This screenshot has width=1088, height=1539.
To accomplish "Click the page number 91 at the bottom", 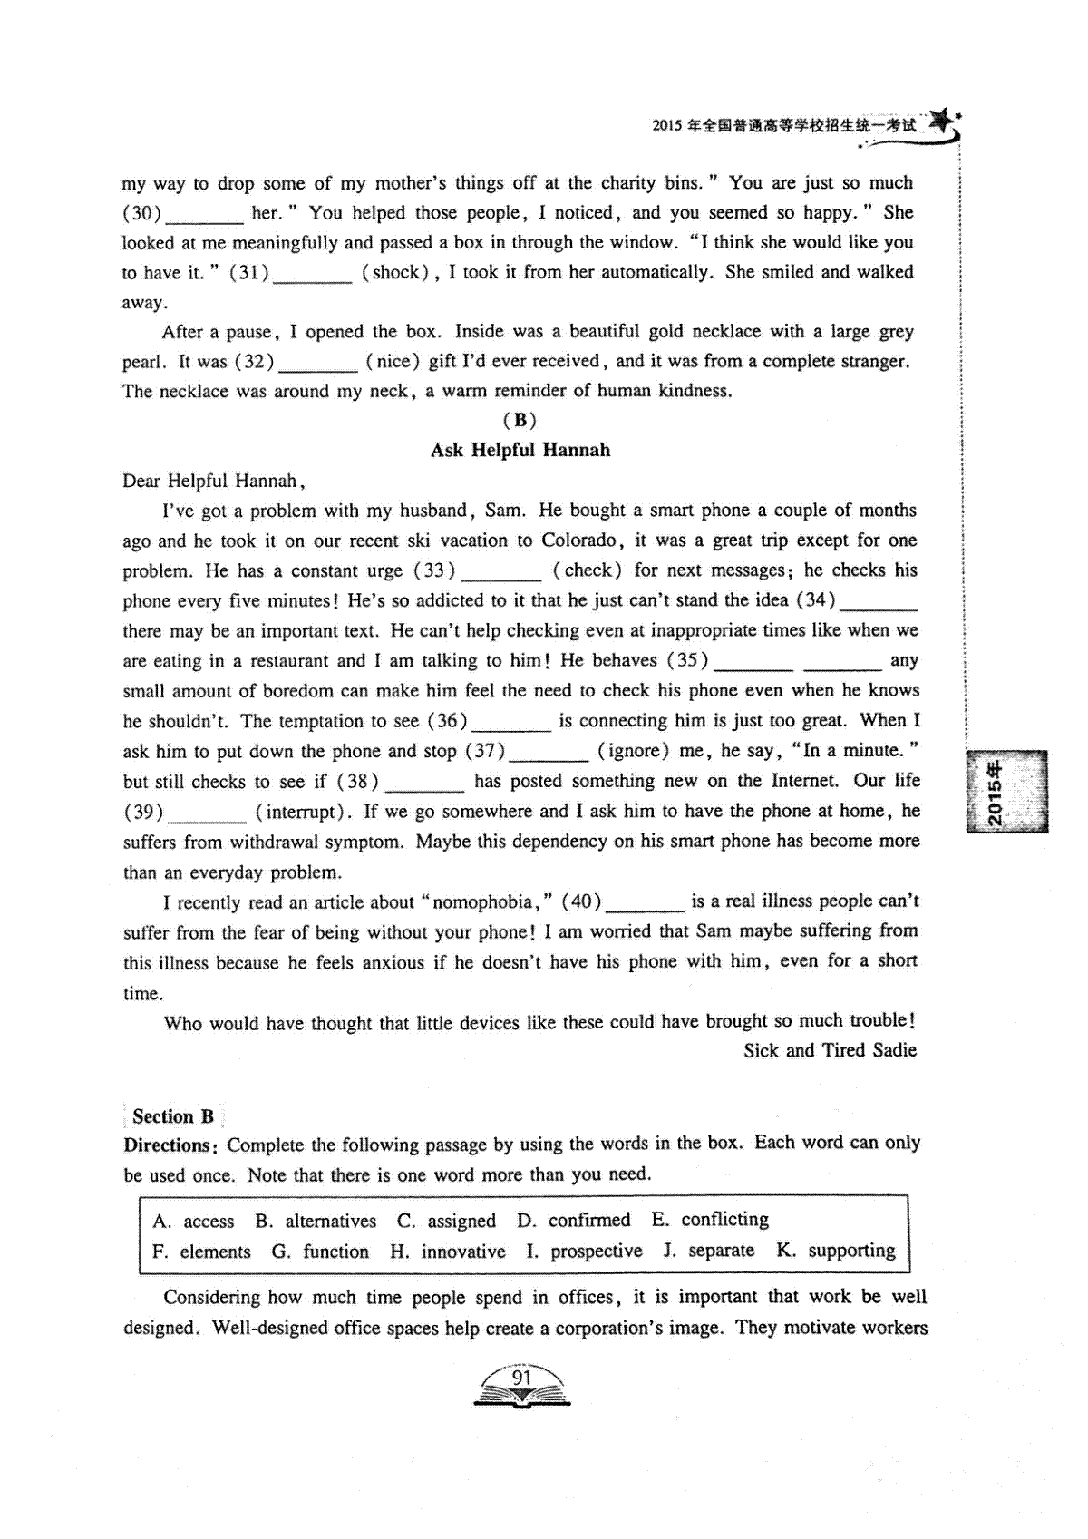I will click(x=521, y=1378).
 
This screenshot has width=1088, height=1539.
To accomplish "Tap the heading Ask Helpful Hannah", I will click(x=520, y=451).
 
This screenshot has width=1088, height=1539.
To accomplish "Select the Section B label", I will click(x=172, y=1116).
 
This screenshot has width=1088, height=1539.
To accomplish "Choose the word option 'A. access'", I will click(x=194, y=1222).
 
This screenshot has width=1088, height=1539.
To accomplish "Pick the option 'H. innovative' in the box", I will click(x=448, y=1252).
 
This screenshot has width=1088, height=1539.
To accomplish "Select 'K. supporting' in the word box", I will click(x=835, y=1251).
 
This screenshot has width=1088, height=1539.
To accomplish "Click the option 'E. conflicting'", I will click(x=710, y=1220).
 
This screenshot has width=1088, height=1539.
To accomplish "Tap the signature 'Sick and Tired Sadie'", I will click(x=830, y=1050).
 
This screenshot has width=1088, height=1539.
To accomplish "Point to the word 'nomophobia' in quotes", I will click(x=482, y=902).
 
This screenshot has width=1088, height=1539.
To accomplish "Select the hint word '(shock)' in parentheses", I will click(x=395, y=272).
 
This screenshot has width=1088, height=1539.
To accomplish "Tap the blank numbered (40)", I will click(x=644, y=904).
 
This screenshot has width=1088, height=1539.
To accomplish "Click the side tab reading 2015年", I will click(x=1006, y=791).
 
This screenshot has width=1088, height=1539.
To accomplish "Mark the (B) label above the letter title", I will click(x=520, y=420).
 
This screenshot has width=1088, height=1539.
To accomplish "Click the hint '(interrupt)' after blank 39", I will click(x=305, y=812).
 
